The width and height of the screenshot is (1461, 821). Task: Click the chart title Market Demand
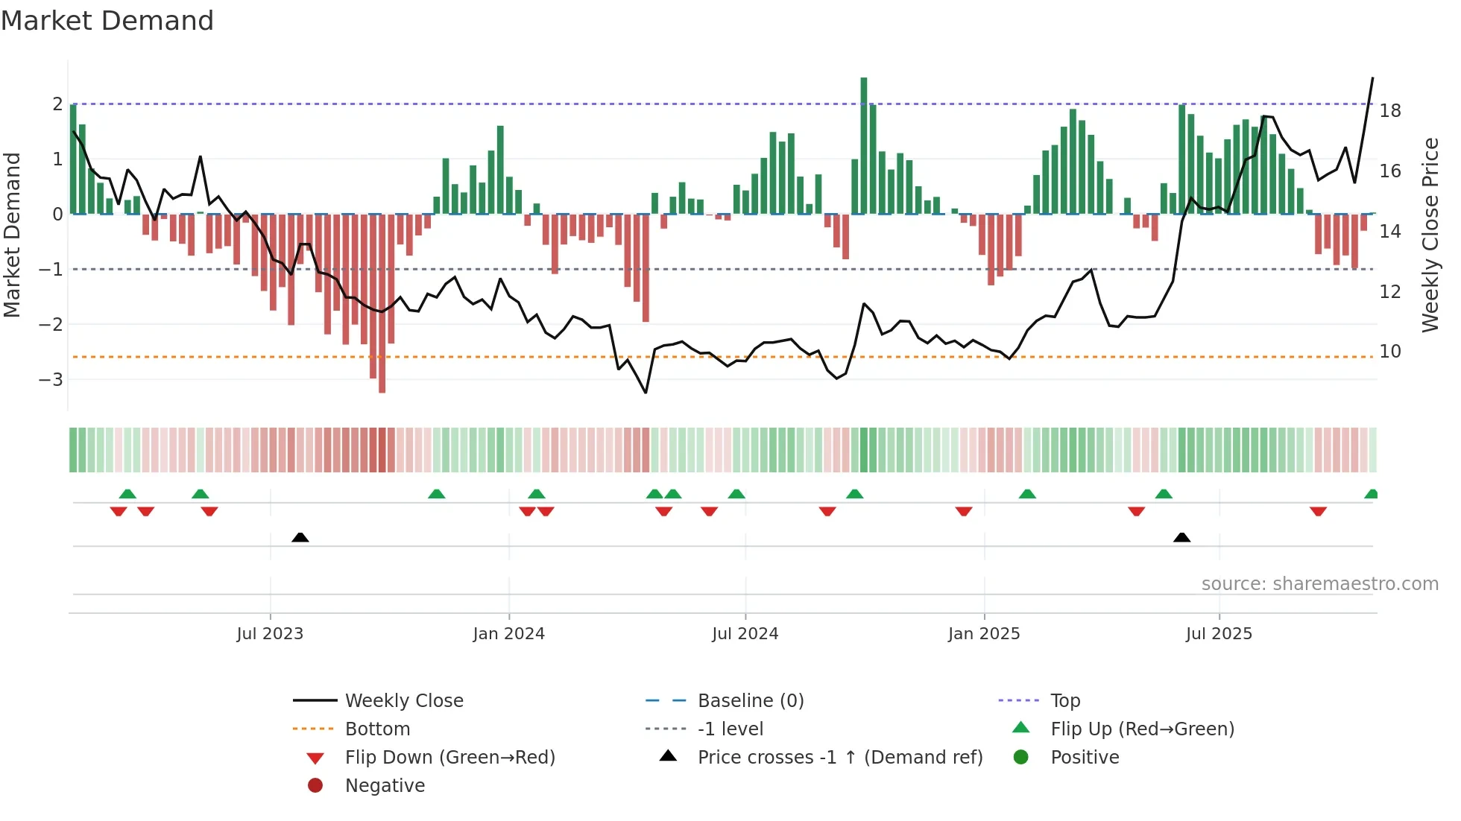pyautogui.click(x=107, y=21)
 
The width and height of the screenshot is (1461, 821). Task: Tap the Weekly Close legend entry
pyautogui.click(x=403, y=701)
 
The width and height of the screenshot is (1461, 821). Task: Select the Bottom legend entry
pyautogui.click(x=377, y=729)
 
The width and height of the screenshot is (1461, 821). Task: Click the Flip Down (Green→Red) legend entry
pyautogui.click(x=449, y=758)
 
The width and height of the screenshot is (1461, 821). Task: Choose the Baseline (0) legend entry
pyautogui.click(x=750, y=701)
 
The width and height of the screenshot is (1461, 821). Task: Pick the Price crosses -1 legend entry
pyautogui.click(x=839, y=758)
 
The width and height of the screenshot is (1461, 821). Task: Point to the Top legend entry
pyautogui.click(x=1064, y=701)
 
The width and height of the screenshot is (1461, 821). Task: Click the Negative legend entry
pyautogui.click(x=385, y=786)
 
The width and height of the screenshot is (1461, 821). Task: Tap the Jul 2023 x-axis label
pyautogui.click(x=270, y=634)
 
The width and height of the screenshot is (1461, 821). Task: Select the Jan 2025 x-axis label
pyautogui.click(x=984, y=634)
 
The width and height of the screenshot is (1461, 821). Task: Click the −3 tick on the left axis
pyautogui.click(x=51, y=380)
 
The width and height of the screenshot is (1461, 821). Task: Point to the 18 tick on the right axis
pyautogui.click(x=1390, y=111)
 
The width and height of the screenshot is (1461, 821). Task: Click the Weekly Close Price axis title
pyautogui.click(x=1430, y=235)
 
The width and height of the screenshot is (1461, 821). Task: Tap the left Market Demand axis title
pyautogui.click(x=13, y=235)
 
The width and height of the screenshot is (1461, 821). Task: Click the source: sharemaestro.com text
pyautogui.click(x=1319, y=584)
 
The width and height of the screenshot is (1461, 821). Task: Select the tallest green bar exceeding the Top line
pyautogui.click(x=864, y=145)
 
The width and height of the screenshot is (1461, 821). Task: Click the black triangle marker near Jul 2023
pyautogui.click(x=300, y=537)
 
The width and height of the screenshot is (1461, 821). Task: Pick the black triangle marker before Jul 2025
pyautogui.click(x=1181, y=537)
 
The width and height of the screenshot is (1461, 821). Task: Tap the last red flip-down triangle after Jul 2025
pyautogui.click(x=1318, y=512)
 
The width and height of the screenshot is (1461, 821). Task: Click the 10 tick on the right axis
pyautogui.click(x=1390, y=352)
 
